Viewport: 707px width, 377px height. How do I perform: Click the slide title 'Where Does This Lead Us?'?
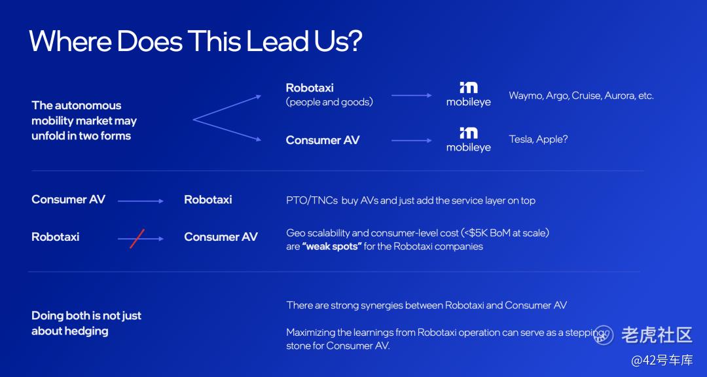point(195,41)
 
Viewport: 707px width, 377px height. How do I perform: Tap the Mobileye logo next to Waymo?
point(469,94)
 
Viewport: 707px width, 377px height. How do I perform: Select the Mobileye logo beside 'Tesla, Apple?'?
point(469,139)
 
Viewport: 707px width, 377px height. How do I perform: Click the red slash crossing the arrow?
point(137,238)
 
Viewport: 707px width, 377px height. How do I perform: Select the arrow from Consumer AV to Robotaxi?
point(141,201)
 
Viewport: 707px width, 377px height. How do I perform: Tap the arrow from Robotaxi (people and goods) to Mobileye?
point(412,96)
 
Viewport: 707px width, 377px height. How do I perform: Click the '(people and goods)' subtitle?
point(329,102)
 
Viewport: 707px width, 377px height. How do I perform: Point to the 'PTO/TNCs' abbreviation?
point(312,201)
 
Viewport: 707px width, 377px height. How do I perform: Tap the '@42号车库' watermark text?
point(661,361)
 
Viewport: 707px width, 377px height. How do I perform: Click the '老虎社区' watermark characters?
point(657,334)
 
